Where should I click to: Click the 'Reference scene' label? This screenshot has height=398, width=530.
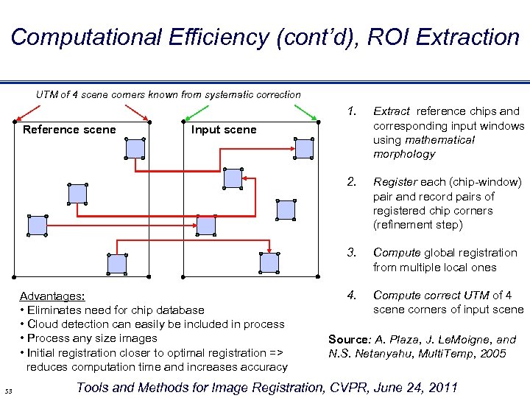pyautogui.click(x=69, y=130)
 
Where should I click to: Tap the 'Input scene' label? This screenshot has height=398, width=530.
pyautogui.click(x=224, y=130)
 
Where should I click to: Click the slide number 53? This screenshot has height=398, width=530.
pyautogui.click(x=8, y=390)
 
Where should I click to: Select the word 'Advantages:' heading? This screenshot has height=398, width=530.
pyautogui.click(x=52, y=296)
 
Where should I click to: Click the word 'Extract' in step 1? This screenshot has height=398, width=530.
pyautogui.click(x=392, y=111)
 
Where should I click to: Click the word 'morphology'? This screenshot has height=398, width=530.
pyautogui.click(x=404, y=154)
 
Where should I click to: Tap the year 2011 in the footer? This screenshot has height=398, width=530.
pyautogui.click(x=441, y=388)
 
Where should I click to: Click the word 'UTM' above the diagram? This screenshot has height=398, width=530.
pyautogui.click(x=48, y=94)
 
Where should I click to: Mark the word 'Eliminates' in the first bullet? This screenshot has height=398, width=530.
pyautogui.click(x=54, y=310)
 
